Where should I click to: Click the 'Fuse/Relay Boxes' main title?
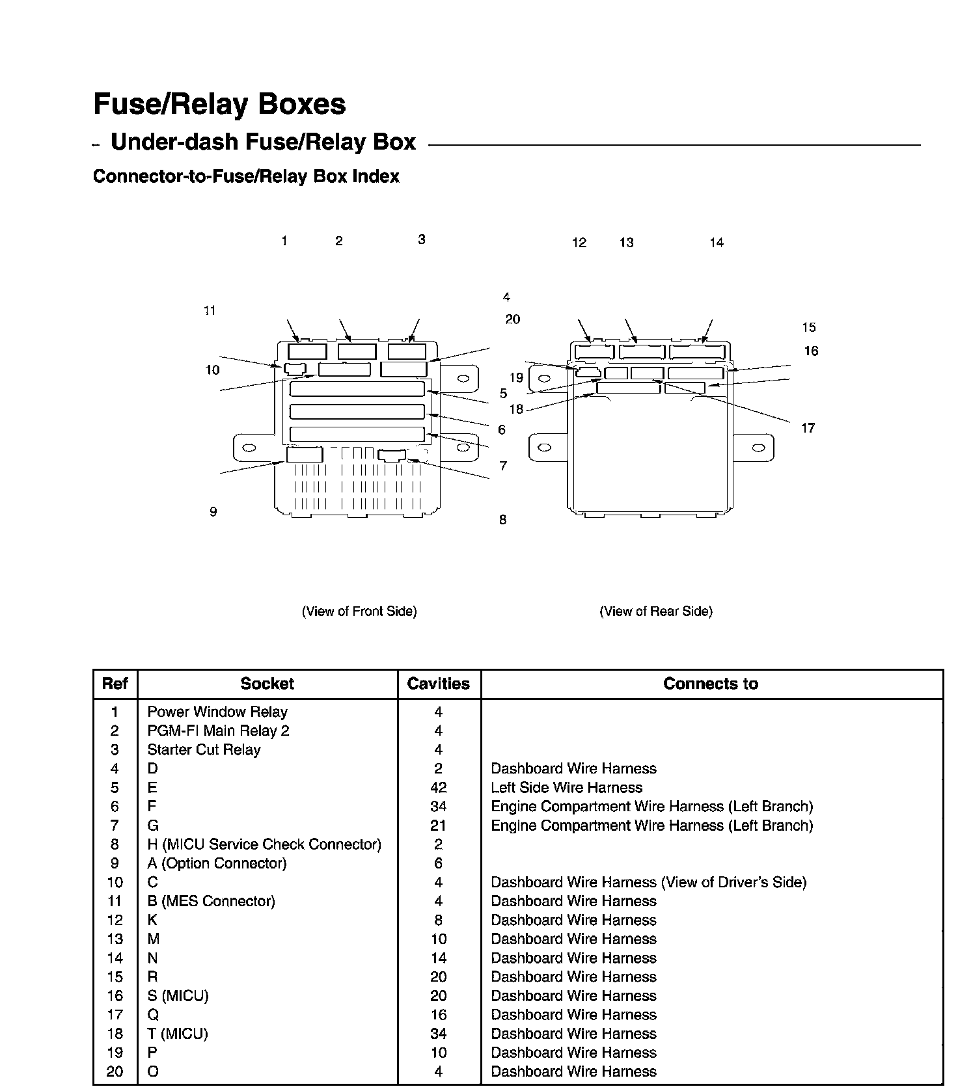[219, 104]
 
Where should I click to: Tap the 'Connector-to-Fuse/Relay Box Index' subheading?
[246, 176]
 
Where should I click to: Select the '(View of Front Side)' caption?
[359, 612]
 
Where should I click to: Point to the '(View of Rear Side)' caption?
[656, 612]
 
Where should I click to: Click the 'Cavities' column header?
[439, 684]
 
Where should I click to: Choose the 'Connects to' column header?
[711, 684]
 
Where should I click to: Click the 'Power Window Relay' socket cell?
[217, 712]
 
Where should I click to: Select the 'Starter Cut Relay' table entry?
[204, 749]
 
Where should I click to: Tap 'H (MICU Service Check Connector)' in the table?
[264, 844]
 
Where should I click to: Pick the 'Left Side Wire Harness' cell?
[567, 788]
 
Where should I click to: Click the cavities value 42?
[439, 788]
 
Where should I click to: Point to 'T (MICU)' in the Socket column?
[178, 1034]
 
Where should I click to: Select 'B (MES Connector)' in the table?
[212, 901]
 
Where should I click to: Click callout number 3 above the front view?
[422, 239]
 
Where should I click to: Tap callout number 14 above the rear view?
[717, 243]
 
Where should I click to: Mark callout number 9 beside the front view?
[213, 512]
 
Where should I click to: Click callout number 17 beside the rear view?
[808, 428]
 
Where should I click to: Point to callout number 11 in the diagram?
[210, 311]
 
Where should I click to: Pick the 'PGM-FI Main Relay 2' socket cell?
[219, 731]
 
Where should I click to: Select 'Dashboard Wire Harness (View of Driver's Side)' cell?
[649, 882]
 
